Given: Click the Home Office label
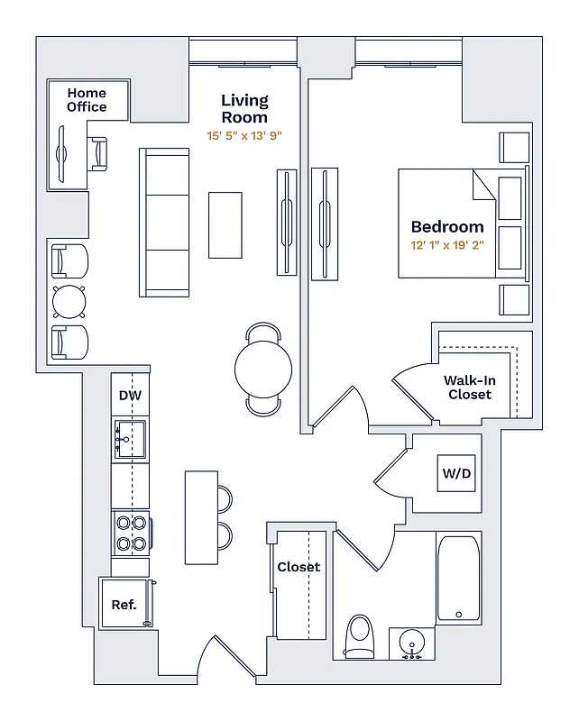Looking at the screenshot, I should pos(87,100).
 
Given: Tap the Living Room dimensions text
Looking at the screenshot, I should pos(244,135).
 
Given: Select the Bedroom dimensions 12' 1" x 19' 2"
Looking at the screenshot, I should pos(447,245).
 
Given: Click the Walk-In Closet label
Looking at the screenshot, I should pos(469,388).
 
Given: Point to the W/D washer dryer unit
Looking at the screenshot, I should pos(456,474).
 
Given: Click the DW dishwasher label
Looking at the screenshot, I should pos(130,395).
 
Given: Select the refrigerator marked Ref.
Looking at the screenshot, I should pos(124,604).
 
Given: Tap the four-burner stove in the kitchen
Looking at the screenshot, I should pos(131,533).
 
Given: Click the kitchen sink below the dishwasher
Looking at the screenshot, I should pos(130,440).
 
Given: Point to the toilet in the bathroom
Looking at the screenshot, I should pos(360,635).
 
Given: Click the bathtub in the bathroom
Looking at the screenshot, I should pos(458,579).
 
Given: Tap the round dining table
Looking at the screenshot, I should pos(263,369).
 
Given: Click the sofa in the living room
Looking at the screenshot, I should pos(164,223).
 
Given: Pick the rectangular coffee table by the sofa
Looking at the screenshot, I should pos(225,224).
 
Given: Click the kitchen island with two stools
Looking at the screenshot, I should pos(201,517).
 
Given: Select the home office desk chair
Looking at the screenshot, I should pos(97,154).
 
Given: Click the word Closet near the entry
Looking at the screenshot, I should pos(299,567).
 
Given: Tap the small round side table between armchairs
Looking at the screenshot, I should pos(69,298).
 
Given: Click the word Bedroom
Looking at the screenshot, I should pos(447,227).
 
